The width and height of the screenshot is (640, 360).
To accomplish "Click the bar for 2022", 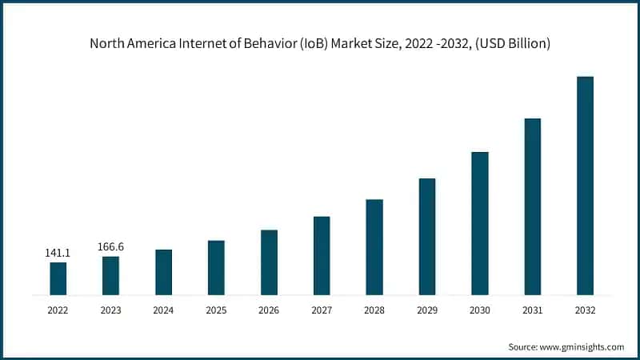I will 58,278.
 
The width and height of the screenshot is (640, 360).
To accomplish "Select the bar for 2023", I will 110,275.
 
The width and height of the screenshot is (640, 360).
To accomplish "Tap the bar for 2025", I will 216,267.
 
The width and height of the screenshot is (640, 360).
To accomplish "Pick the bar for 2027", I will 322,255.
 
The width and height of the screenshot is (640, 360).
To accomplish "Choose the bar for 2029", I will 427,236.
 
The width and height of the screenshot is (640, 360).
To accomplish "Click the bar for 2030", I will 480,223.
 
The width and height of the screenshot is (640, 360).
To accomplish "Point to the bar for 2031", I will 533,206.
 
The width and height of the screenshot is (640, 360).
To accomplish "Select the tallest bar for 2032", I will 586,186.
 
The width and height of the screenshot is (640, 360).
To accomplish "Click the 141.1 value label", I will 58,253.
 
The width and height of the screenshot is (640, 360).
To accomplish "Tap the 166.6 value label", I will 110,247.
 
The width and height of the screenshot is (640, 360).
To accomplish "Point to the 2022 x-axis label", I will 58,310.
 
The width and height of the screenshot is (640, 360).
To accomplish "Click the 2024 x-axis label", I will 163,310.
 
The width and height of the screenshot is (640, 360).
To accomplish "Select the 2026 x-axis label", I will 269,310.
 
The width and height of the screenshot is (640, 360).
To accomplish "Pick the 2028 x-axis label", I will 374,310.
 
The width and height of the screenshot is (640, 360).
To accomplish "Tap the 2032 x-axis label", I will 586,310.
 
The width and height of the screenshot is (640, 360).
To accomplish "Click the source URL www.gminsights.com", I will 582,347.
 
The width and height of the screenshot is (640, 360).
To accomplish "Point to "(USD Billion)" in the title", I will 512,43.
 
